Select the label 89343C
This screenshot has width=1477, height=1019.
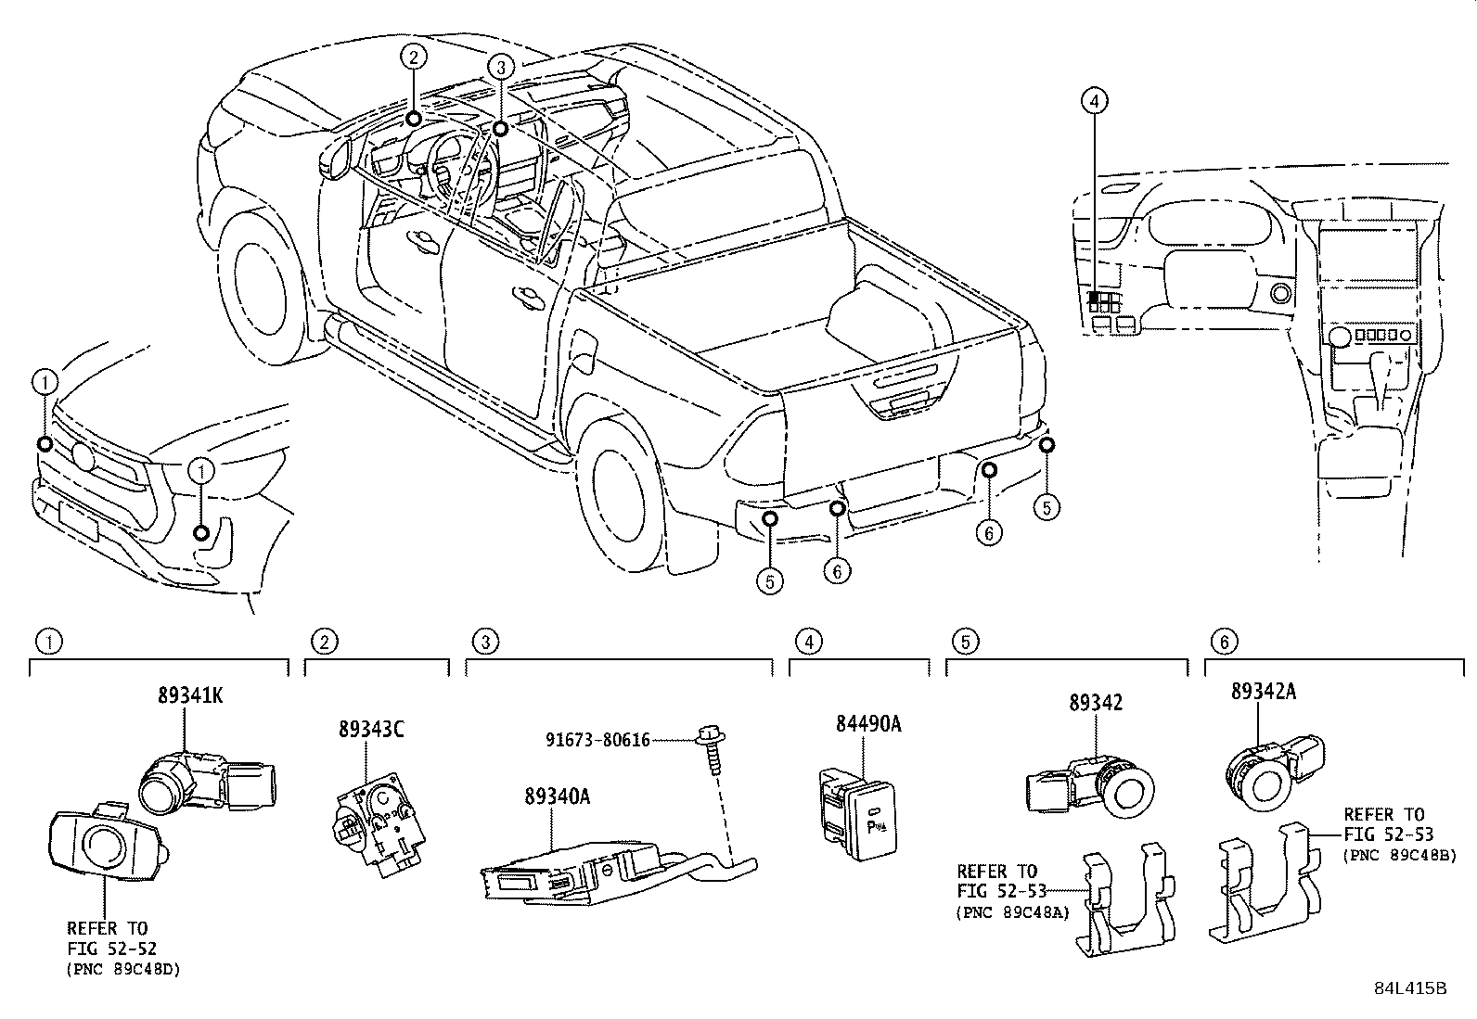(370, 731)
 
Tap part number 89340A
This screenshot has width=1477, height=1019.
(558, 796)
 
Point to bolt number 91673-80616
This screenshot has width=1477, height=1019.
(597, 740)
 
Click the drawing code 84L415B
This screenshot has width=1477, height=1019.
(1410, 987)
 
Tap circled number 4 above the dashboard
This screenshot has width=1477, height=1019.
(1094, 100)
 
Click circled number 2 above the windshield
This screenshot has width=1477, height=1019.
(414, 57)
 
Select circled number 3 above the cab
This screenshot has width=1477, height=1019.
(500, 67)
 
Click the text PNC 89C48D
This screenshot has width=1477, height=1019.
(123, 970)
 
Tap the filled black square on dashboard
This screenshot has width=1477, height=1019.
(1095, 298)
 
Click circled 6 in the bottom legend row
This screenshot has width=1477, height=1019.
(1224, 641)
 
